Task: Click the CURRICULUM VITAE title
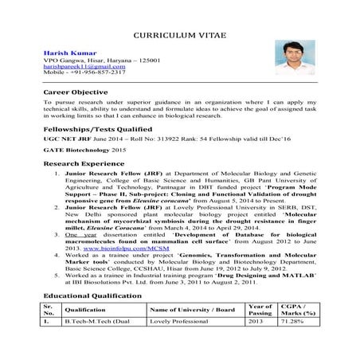(179, 37)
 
